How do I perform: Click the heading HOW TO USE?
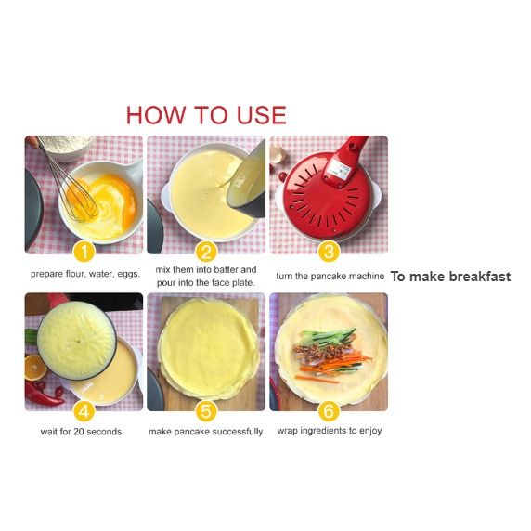[206, 115]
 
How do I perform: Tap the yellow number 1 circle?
[84, 252]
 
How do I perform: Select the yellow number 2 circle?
[206, 252]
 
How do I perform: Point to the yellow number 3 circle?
[329, 252]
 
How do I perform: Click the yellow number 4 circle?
[84, 411]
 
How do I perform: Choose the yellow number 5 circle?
[206, 411]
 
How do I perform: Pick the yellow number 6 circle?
[329, 411]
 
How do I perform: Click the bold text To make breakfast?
[450, 277]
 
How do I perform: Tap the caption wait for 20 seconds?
[81, 432]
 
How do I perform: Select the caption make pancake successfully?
[205, 432]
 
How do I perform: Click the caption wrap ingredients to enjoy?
[330, 431]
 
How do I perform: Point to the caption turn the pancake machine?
[330, 277]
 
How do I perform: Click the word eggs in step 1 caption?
[129, 274]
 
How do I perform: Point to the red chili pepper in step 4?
[43, 395]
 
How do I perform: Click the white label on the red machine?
[341, 168]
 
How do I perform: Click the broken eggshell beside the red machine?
[278, 155]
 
